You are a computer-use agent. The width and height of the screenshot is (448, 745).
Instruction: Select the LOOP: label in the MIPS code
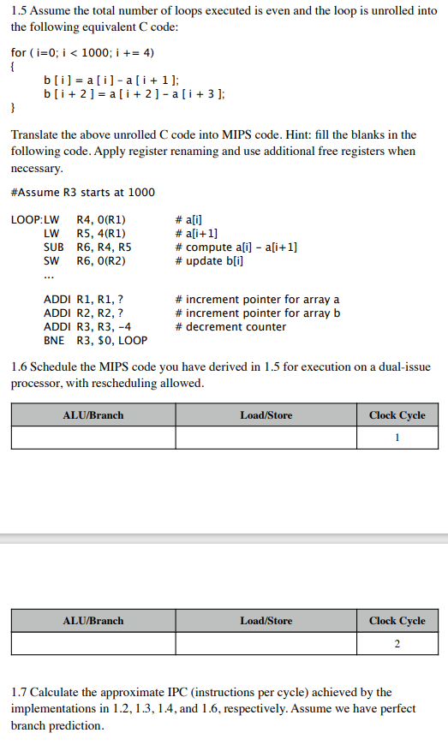coord(26,218)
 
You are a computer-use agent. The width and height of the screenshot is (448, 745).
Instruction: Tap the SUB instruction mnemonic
coord(51,247)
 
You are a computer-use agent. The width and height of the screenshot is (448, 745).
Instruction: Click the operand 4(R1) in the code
coord(101,233)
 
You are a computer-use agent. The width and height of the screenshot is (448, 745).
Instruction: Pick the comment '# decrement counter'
coord(224,327)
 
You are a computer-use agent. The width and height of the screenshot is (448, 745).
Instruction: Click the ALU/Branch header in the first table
coord(93,415)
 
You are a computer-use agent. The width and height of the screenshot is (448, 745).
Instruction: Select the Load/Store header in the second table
coord(266,621)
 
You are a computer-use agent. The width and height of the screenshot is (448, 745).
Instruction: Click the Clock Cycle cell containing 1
coord(397,438)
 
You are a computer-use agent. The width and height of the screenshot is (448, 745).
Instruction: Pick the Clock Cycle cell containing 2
coord(397,643)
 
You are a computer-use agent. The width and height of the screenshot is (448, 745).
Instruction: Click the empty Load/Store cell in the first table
coord(266,438)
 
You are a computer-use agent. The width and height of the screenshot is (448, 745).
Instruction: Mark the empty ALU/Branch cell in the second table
coord(93,643)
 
